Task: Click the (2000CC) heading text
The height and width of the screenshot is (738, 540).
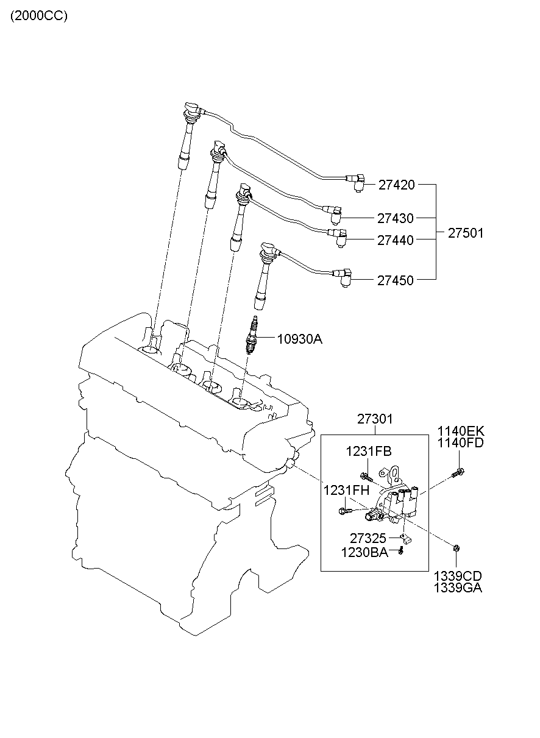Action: pyautogui.click(x=39, y=16)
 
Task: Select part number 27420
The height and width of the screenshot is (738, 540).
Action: pyautogui.click(x=396, y=185)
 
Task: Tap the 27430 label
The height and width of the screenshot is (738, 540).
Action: pyautogui.click(x=396, y=218)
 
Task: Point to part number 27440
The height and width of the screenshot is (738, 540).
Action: pyautogui.click(x=396, y=241)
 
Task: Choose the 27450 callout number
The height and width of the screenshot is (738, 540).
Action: pyautogui.click(x=396, y=281)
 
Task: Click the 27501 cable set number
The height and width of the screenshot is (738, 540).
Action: pyautogui.click(x=466, y=233)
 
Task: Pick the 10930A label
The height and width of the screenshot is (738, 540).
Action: pyautogui.click(x=300, y=339)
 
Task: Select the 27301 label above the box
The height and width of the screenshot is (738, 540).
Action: pyautogui.click(x=375, y=419)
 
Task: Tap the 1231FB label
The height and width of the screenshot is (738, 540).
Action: pyautogui.click(x=369, y=452)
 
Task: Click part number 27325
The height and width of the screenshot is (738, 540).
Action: pyautogui.click(x=368, y=538)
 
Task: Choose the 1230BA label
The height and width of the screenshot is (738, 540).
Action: pyautogui.click(x=364, y=553)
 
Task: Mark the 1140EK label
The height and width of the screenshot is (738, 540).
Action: pyautogui.click(x=461, y=431)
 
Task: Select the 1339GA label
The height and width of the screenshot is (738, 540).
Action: pyautogui.click(x=458, y=587)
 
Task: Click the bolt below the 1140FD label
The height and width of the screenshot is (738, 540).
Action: pyautogui.click(x=458, y=472)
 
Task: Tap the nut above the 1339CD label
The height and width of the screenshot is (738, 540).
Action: pyautogui.click(x=457, y=548)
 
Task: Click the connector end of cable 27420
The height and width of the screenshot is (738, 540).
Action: pyautogui.click(x=356, y=182)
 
